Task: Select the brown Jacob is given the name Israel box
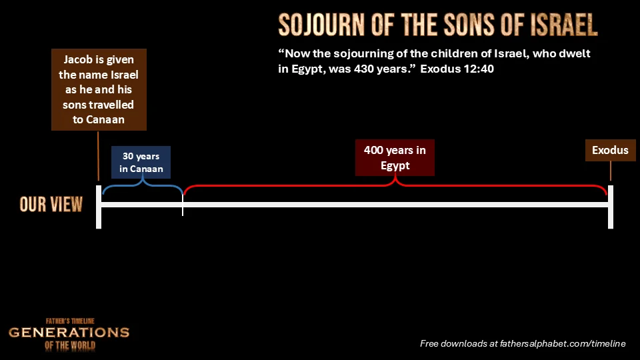[x=99, y=90]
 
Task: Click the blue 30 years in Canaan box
[x=141, y=163]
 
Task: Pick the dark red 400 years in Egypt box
[x=395, y=157]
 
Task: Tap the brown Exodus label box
[x=610, y=150]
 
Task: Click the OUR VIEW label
[x=51, y=205]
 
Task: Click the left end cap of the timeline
[x=99, y=207]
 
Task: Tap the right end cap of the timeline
[x=611, y=207]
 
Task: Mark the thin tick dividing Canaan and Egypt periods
[x=183, y=205]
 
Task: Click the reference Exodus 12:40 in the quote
[x=457, y=69]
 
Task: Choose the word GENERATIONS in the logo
[x=69, y=333]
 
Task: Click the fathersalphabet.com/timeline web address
[x=563, y=344]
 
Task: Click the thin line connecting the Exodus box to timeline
[x=611, y=171]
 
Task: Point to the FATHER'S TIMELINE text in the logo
[x=70, y=321]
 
